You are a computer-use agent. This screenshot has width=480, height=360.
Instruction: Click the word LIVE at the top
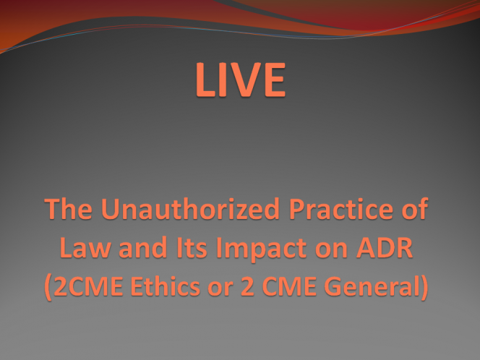point(241,80)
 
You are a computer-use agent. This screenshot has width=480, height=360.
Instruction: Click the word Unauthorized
point(190,209)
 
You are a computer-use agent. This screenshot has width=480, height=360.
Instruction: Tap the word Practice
point(341,209)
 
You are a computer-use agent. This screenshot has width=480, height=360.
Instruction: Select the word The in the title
point(68,209)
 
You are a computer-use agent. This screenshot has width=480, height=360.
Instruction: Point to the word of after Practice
point(415,209)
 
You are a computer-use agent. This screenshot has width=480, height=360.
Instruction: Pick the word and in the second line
point(142,247)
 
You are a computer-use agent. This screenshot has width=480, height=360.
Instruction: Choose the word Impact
point(262,249)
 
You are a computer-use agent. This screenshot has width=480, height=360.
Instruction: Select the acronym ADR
point(385,248)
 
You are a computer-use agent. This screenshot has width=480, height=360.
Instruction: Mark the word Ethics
point(166,286)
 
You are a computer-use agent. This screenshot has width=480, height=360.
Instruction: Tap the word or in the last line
point(220,289)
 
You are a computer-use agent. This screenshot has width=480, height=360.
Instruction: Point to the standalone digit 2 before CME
point(247,286)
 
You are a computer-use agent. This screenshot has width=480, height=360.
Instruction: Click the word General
point(372,286)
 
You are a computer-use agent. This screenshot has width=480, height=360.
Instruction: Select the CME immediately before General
point(289,286)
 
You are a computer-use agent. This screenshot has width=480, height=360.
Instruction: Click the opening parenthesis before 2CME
point(48,287)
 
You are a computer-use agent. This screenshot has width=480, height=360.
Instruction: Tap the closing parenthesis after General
point(424,287)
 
